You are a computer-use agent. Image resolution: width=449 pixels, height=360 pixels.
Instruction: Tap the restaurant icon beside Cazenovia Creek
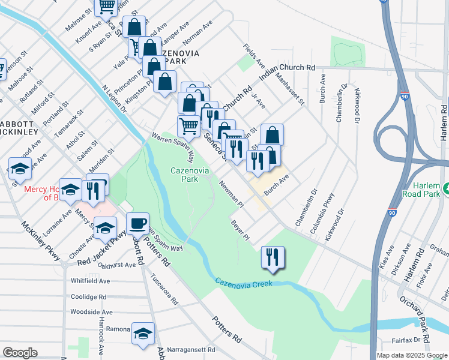pos(273,257)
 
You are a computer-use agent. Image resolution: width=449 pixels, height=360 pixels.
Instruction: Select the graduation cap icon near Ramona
pos(143,334)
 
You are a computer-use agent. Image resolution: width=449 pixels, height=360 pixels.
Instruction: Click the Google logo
pos(20,353)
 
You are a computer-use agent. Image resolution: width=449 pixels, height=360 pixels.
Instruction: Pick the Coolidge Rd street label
pos(88,296)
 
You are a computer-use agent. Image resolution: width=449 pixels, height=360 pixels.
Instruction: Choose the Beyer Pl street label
pos(240,230)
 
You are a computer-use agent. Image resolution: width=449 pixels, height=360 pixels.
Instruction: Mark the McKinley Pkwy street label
pos(42,241)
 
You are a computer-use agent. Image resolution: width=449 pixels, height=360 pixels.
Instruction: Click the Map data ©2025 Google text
pos(412,355)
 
